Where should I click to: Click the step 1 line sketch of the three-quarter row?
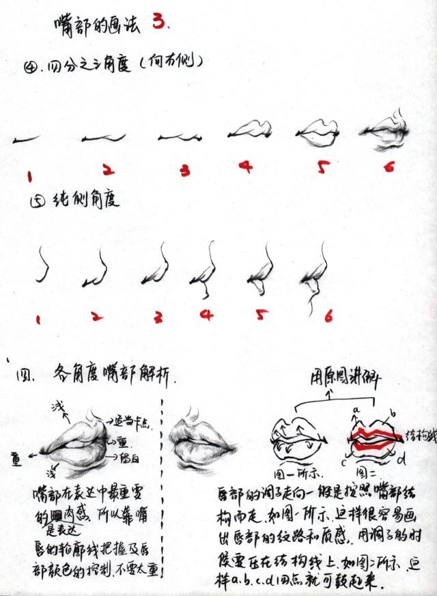25,139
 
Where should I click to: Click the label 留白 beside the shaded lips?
130,456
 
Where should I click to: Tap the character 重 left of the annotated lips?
15,458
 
